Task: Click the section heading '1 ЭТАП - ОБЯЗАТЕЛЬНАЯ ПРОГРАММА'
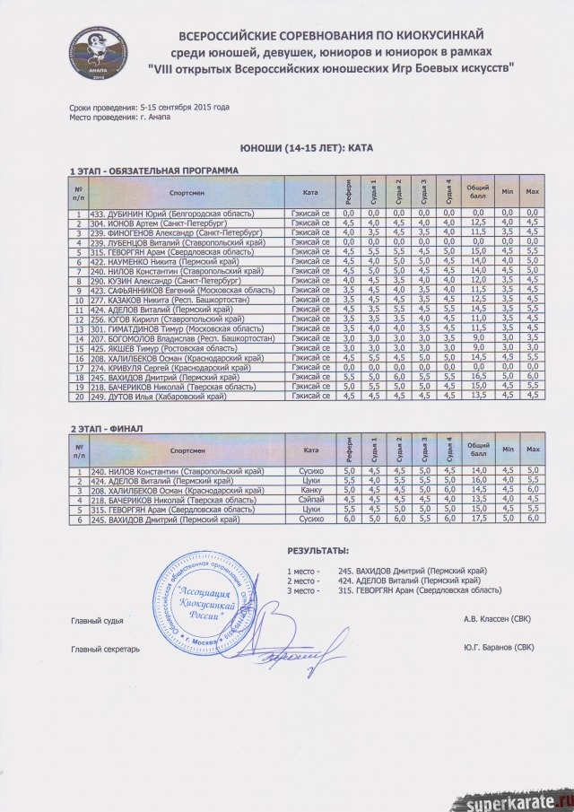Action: tap(154, 170)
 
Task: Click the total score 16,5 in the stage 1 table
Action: tap(478, 376)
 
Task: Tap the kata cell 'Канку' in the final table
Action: tap(312, 490)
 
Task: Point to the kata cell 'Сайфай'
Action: tap(311, 500)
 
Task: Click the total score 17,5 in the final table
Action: tap(478, 519)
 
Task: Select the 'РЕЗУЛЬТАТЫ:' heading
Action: tap(318, 550)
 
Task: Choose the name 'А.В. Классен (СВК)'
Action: tap(498, 618)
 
